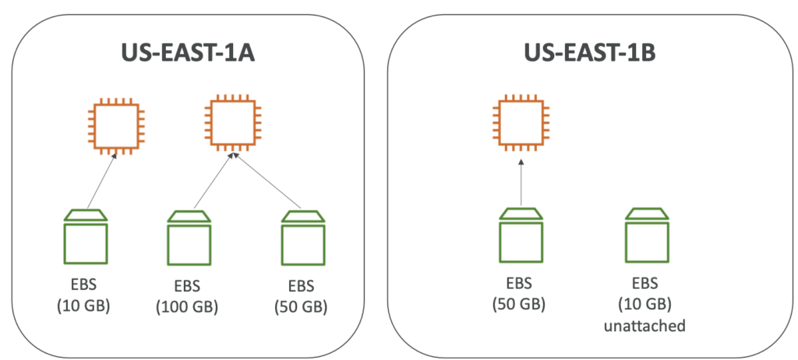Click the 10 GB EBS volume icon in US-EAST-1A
[85, 235]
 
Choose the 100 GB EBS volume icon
[188, 237]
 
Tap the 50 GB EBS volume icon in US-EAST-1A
[302, 237]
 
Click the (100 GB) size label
[187, 307]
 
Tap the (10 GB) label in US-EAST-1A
[84, 305]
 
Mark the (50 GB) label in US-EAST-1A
[302, 307]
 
